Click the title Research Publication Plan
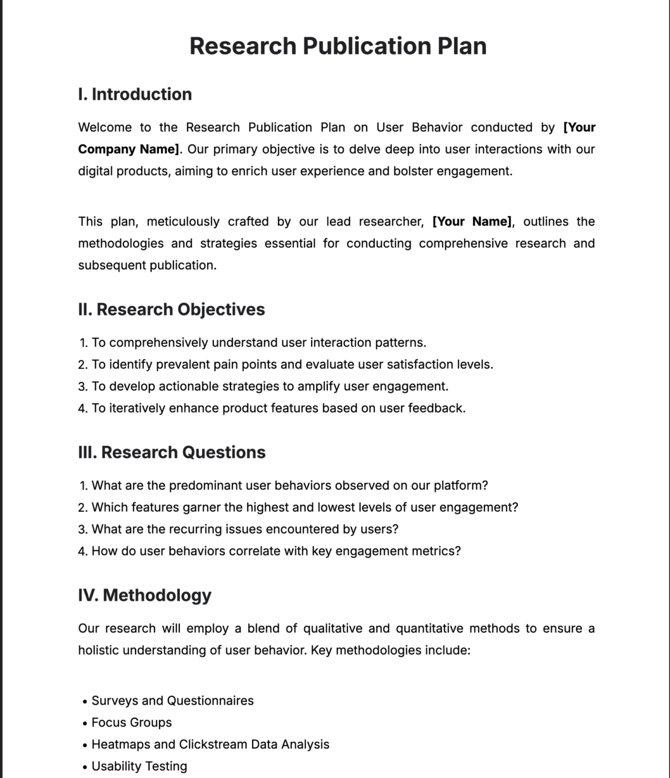pos(338,46)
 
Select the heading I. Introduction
pos(135,94)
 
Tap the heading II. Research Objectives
pos(171,310)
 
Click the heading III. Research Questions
pos(172,452)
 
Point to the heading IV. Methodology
pos(144,595)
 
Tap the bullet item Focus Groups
pos(132,722)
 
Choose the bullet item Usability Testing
pos(139,766)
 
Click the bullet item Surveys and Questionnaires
pos(172,701)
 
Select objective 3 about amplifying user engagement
pos(269,387)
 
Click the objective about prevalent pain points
pos(292,365)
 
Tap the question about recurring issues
pos(244,530)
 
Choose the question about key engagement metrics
pos(276,551)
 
